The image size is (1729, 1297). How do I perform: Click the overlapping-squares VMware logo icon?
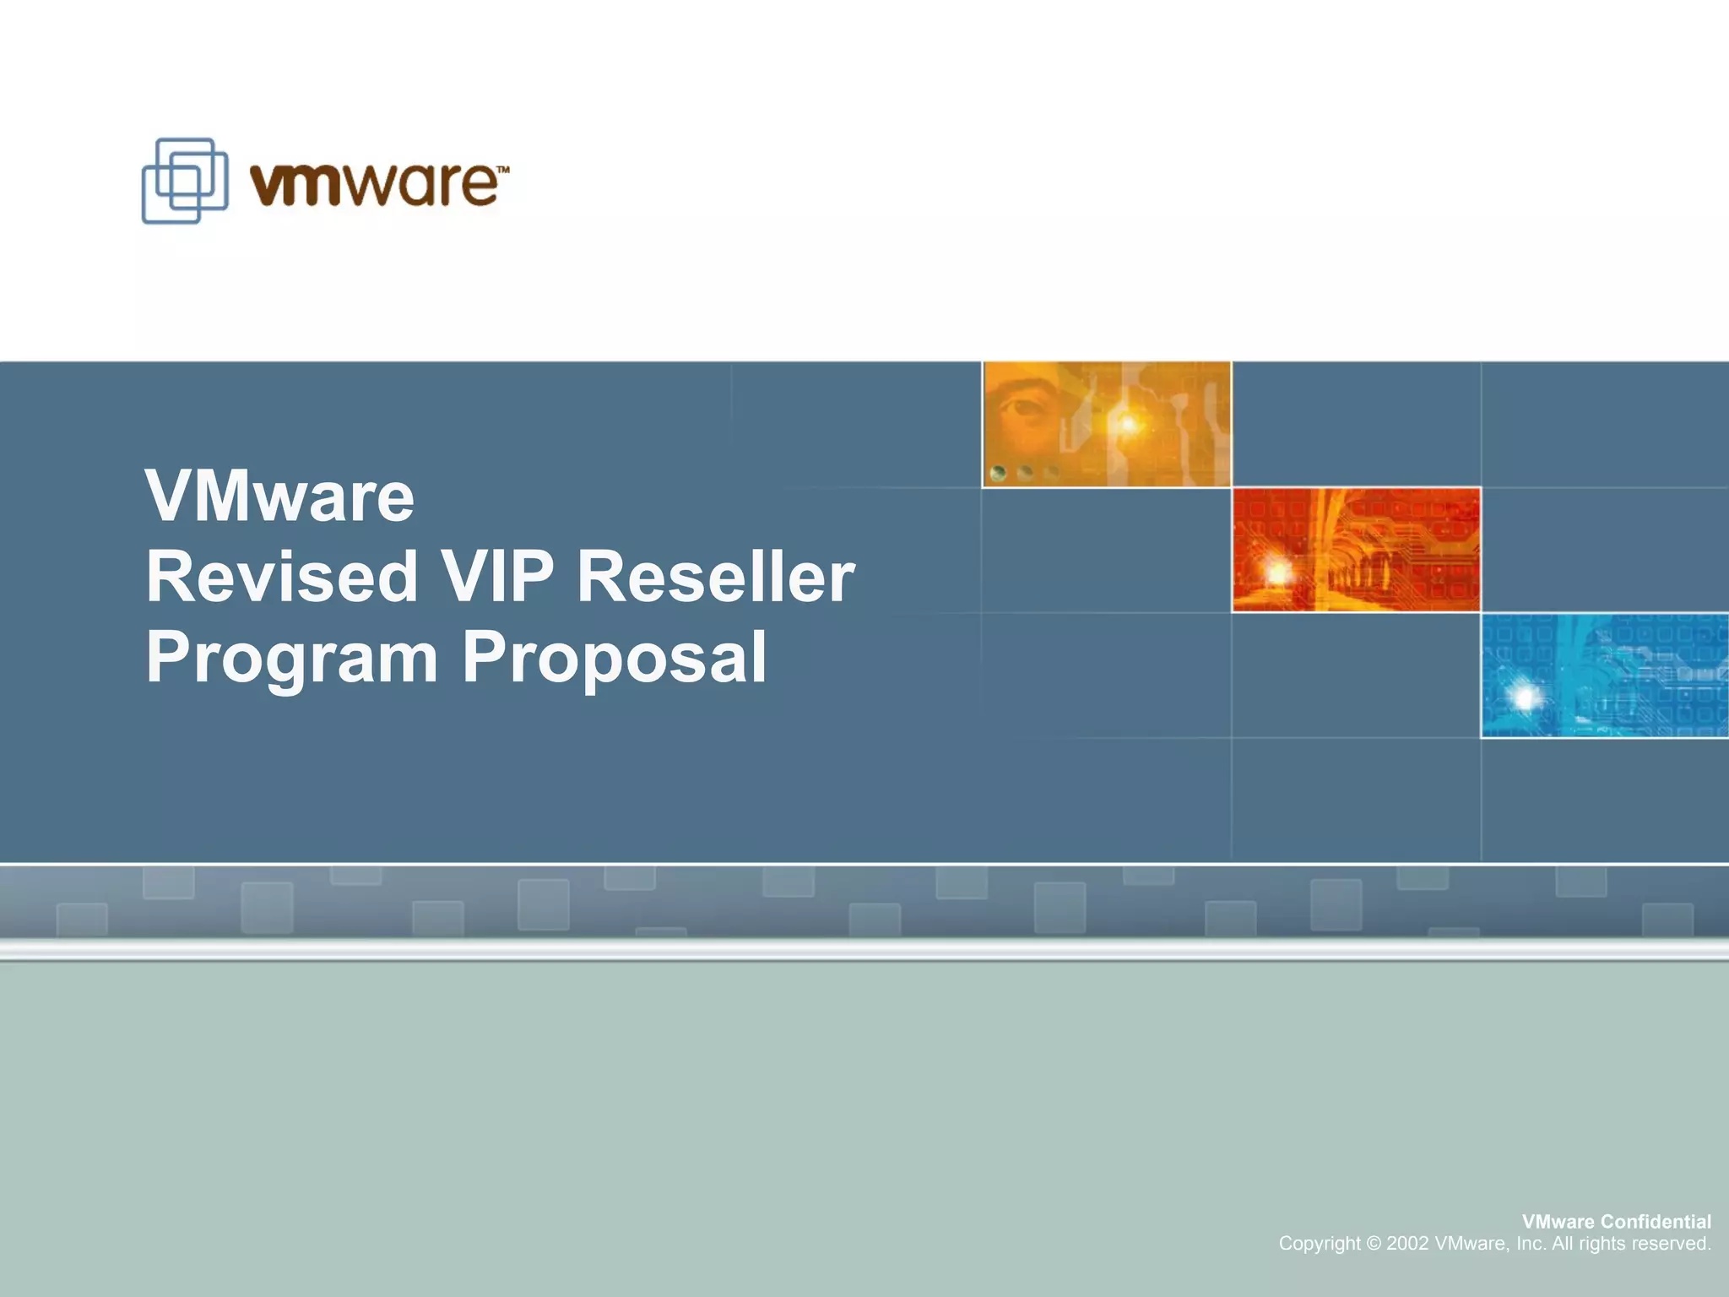[x=185, y=181]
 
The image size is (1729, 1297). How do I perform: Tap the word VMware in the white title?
[x=280, y=497]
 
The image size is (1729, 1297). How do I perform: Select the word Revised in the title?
[x=282, y=577]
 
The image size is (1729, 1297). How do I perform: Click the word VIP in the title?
[x=498, y=577]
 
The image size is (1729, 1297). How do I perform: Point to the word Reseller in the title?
[x=716, y=577]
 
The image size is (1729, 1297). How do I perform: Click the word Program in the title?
[x=292, y=659]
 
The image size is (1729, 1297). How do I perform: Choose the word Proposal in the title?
[x=615, y=659]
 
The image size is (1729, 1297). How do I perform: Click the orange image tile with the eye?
[x=1107, y=424]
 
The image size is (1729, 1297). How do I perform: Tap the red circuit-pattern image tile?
[x=1356, y=550]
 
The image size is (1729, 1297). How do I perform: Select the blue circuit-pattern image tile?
[x=1604, y=676]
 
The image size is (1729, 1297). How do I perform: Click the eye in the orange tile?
[x=1023, y=409]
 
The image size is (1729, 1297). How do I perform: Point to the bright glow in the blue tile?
[x=1525, y=697]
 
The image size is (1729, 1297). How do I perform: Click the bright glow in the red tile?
[x=1277, y=573]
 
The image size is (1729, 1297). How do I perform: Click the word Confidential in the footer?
[x=1656, y=1222]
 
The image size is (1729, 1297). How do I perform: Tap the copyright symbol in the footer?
[x=1374, y=1244]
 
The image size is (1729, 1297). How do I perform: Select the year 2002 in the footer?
[x=1407, y=1244]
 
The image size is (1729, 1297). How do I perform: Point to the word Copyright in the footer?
[x=1320, y=1244]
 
